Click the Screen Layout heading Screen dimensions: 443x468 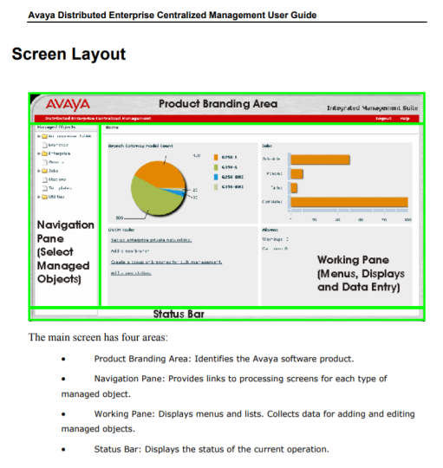click(68, 55)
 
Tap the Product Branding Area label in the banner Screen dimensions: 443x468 click(218, 104)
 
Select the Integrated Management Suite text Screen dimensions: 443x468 click(372, 108)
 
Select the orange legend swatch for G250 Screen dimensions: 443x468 click(216, 158)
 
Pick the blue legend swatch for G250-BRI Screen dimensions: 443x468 click(216, 177)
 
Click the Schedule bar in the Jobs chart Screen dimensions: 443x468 click(320, 159)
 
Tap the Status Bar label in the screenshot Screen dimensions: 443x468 click(179, 314)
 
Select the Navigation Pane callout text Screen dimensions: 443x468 click(65, 251)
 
